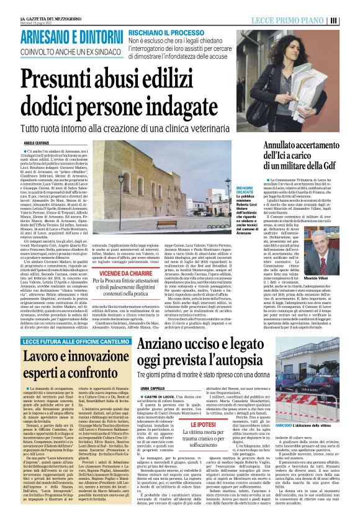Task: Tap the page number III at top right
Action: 351,20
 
